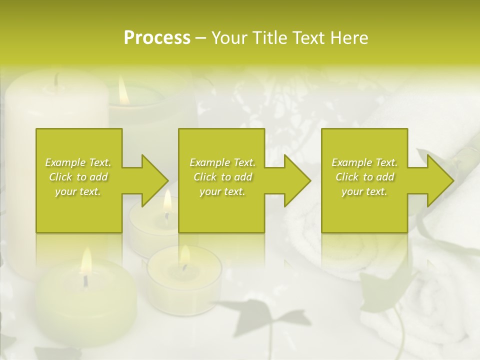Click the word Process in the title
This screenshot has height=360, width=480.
point(157,38)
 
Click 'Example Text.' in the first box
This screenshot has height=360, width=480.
point(78,162)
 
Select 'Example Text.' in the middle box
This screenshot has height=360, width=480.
point(222,162)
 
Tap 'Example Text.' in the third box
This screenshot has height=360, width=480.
point(364,162)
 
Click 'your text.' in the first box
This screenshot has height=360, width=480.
point(78,191)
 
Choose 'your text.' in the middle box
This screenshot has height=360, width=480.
point(222,191)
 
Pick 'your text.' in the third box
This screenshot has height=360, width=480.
point(364,191)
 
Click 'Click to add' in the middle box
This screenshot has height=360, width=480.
point(222,177)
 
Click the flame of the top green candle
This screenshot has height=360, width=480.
point(123,90)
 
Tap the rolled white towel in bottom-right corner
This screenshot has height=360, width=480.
point(430,310)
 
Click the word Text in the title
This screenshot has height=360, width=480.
point(311,38)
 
